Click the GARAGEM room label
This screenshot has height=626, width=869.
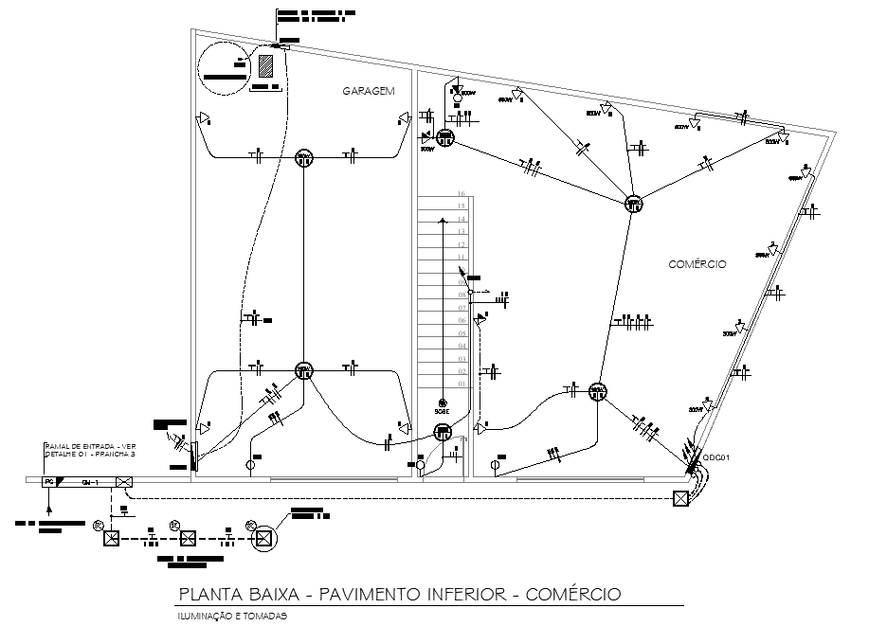[368, 91]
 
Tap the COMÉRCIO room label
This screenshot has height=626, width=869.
[697, 264]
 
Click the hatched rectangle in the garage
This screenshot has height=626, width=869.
[266, 65]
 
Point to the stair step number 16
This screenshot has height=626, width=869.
[462, 192]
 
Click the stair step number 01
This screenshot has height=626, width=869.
[462, 385]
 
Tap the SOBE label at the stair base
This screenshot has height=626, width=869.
[442, 412]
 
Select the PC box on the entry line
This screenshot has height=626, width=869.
[48, 482]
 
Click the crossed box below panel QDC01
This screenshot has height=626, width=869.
[679, 500]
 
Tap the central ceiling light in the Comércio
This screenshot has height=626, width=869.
[633, 204]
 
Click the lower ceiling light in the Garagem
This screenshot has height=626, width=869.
[303, 370]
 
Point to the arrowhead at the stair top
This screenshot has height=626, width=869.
[443, 221]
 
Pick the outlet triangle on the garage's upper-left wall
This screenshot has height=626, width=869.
[202, 118]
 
